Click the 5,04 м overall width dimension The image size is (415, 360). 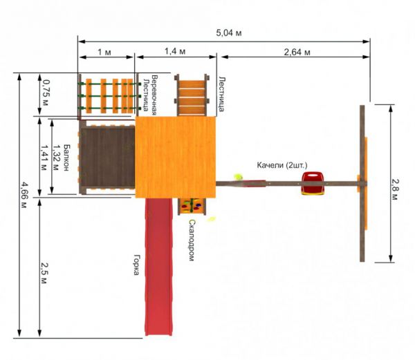tap(229, 33)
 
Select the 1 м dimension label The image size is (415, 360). tap(104, 52)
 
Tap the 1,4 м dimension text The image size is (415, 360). tap(175, 51)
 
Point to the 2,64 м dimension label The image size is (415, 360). tap(297, 52)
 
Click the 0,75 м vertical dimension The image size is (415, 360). tap(45, 93)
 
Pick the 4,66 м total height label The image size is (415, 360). tap(24, 195)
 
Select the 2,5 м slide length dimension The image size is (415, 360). tap(44, 273)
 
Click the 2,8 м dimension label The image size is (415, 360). tap(394, 189)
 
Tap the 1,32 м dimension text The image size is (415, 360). tap(55, 158)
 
